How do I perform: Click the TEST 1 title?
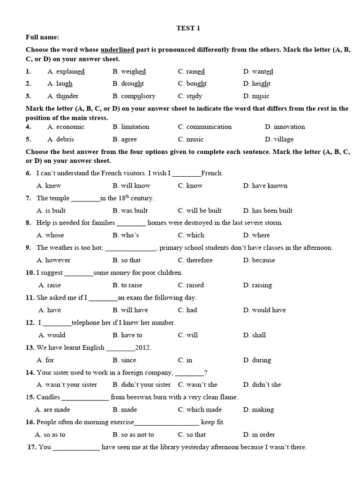[188, 28]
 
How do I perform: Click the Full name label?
[42, 37]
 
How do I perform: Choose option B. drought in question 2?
[128, 84]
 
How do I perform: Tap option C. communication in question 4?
[204, 127]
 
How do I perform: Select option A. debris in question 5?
[60, 139]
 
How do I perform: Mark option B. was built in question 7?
[130, 210]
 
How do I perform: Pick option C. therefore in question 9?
[195, 260]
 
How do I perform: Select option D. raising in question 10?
[257, 285]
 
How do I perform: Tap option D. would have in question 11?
[264, 310]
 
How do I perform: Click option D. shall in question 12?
[254, 335]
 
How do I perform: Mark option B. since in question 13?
[124, 360]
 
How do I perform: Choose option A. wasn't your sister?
[67, 385]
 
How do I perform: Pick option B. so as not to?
[133, 435]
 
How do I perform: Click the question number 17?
[32, 447]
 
